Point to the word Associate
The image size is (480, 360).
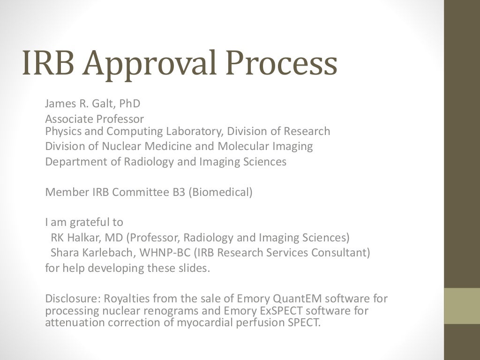pos(68,119)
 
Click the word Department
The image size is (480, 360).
pos(71,162)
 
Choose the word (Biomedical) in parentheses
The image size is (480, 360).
pos(221,192)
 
